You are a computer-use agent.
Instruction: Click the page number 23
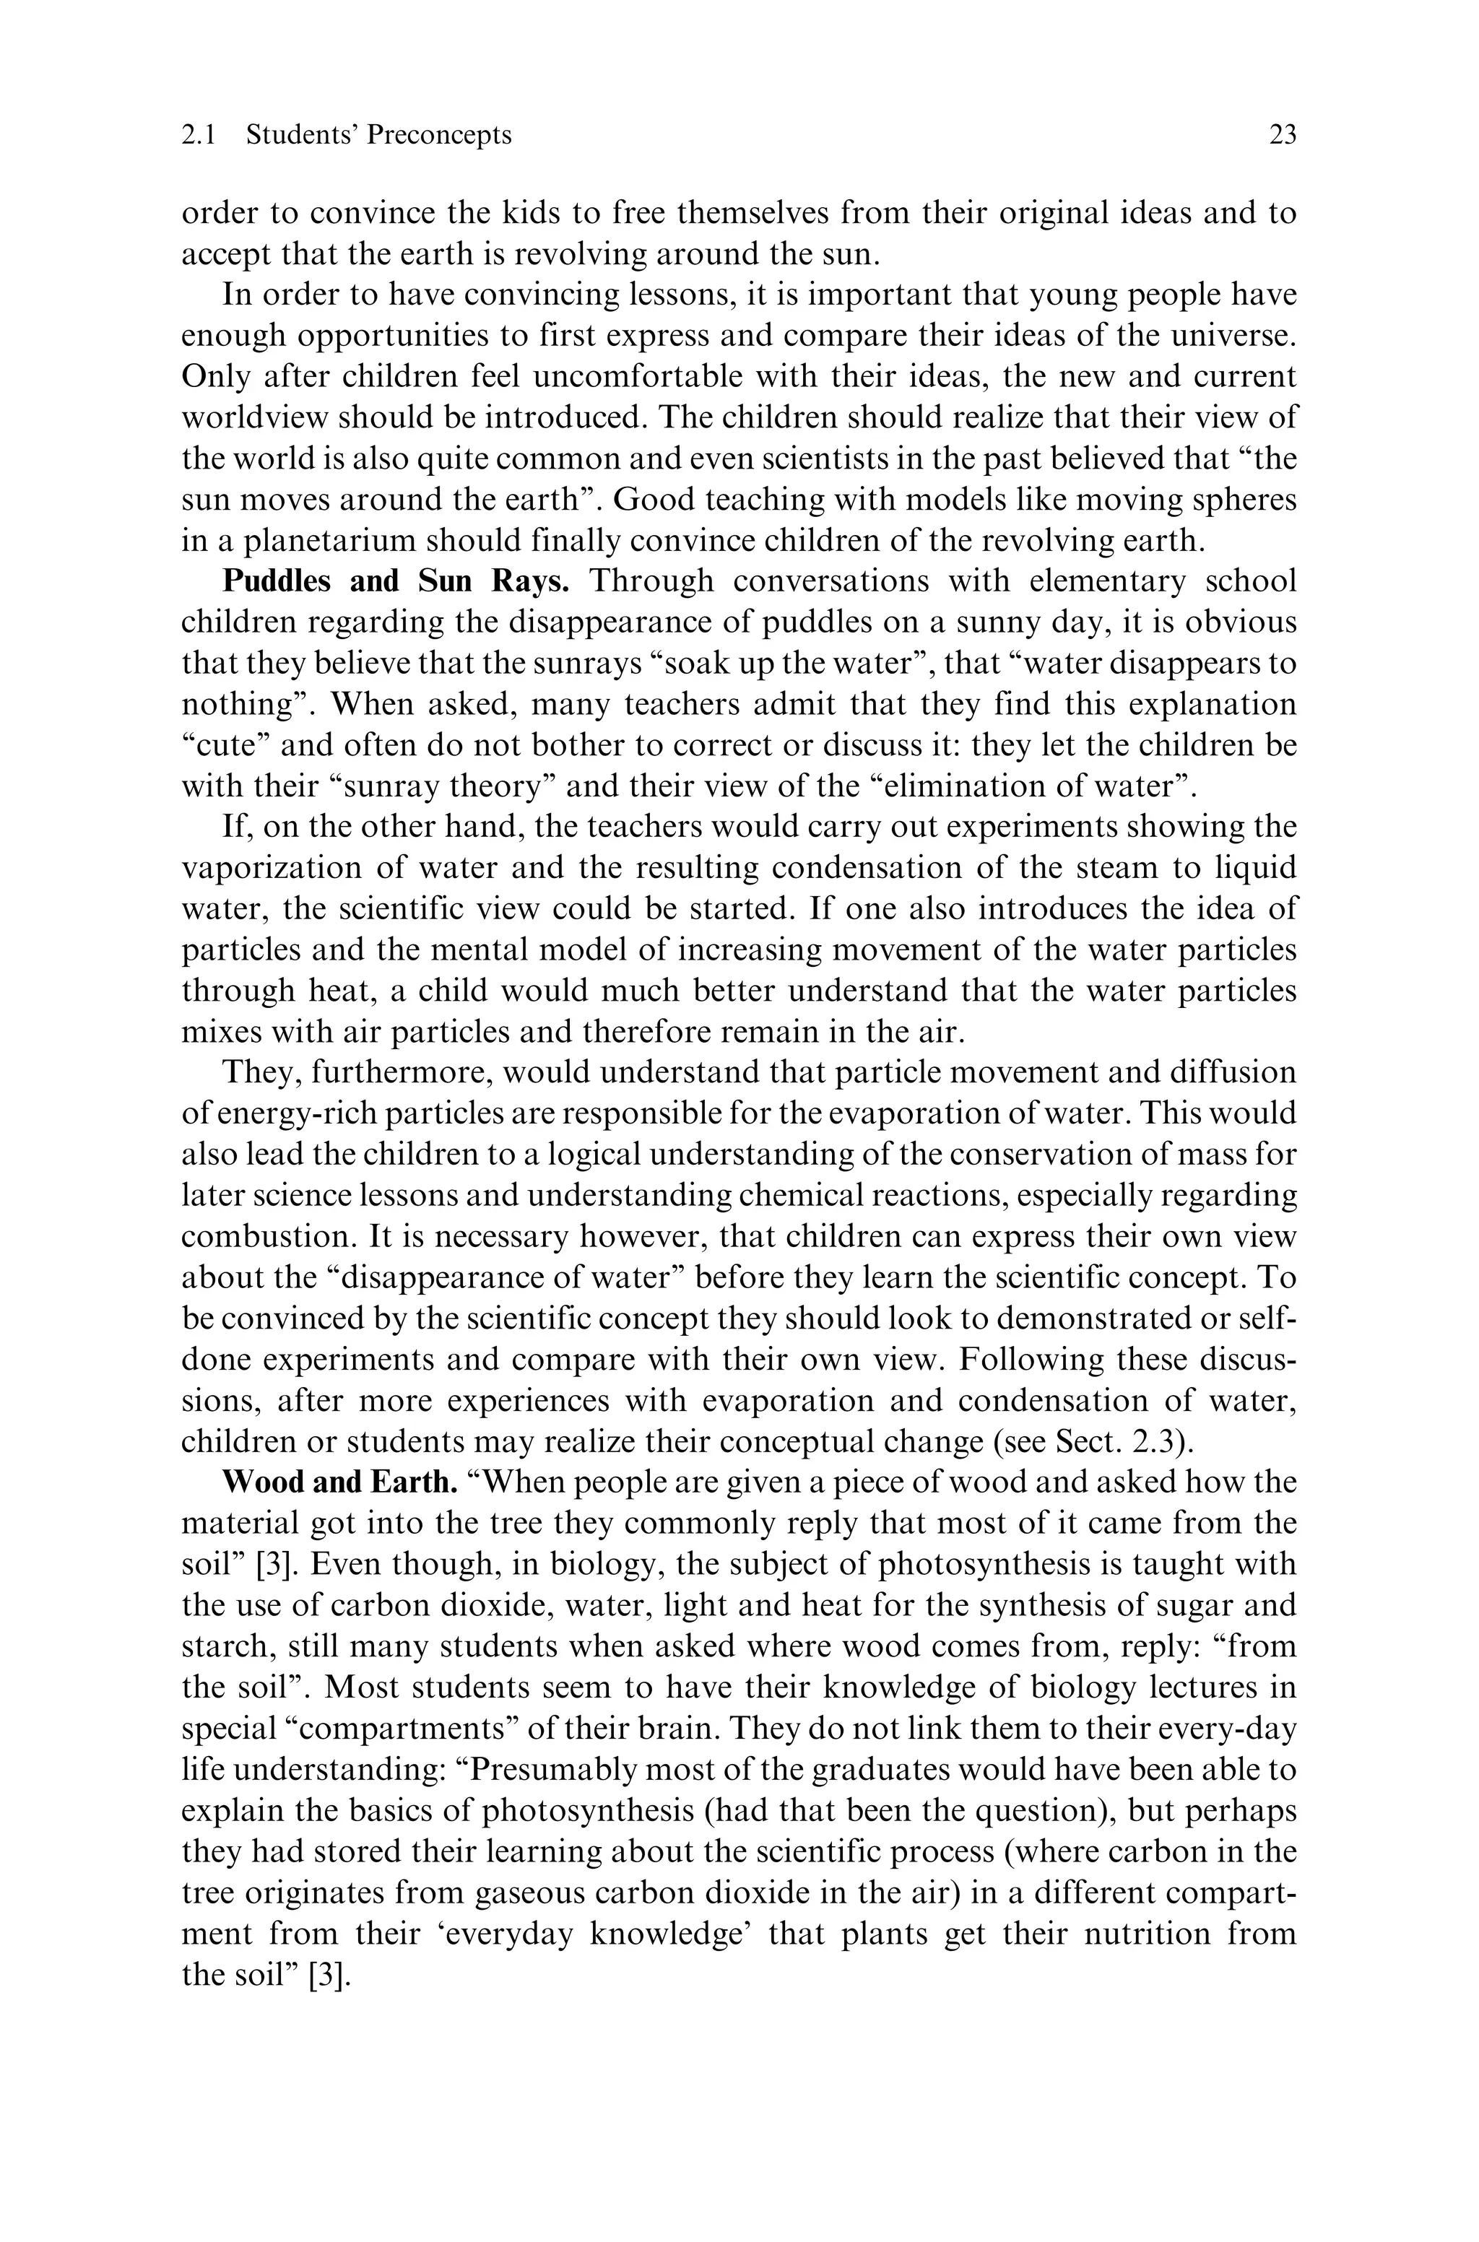1282,136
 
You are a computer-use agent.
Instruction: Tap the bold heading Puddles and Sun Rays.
395,581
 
